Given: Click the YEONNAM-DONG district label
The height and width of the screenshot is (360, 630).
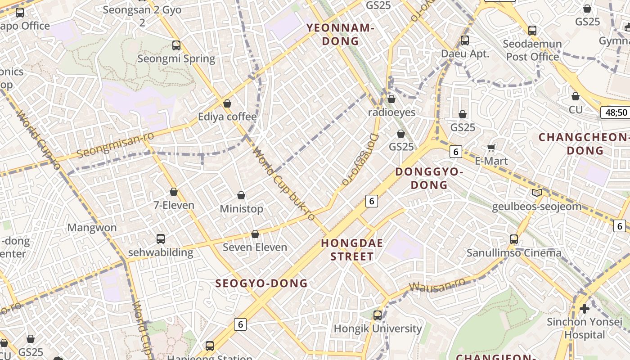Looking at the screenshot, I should pos(340,35).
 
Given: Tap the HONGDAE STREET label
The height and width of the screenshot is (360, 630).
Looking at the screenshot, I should pos(352,250).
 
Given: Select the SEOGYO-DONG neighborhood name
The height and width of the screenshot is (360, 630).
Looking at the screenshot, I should pos(261,283).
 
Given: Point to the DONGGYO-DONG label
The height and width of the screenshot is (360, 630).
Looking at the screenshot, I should pos(429,178).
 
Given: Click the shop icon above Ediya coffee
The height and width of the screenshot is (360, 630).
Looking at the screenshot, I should pos(227,103).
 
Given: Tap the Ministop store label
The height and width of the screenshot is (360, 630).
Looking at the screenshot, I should pos(241,209).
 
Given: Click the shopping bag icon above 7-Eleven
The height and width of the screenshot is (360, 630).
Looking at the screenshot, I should pos(174,192).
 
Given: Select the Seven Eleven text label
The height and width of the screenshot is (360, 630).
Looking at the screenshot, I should pos(255,247).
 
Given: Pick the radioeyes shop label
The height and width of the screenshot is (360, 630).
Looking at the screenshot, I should pos(391,112).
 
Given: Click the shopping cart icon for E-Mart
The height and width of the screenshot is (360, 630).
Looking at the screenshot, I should pos(491,148).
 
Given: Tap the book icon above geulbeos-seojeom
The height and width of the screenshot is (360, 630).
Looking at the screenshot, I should pos(536,193).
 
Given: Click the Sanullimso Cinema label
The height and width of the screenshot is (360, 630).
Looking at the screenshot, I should pos(514,253).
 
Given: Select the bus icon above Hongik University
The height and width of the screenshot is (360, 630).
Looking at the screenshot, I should pos(378,315).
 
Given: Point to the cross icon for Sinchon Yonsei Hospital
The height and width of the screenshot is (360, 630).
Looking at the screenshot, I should pos(585,309).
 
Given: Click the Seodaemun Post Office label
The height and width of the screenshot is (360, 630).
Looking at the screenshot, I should pos(532,50).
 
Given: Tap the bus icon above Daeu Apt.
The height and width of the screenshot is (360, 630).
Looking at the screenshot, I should pos(465,40).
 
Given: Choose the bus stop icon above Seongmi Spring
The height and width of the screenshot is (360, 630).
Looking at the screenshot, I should pos(176,45).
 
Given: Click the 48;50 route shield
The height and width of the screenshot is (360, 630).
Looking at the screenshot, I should pos(616,112).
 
